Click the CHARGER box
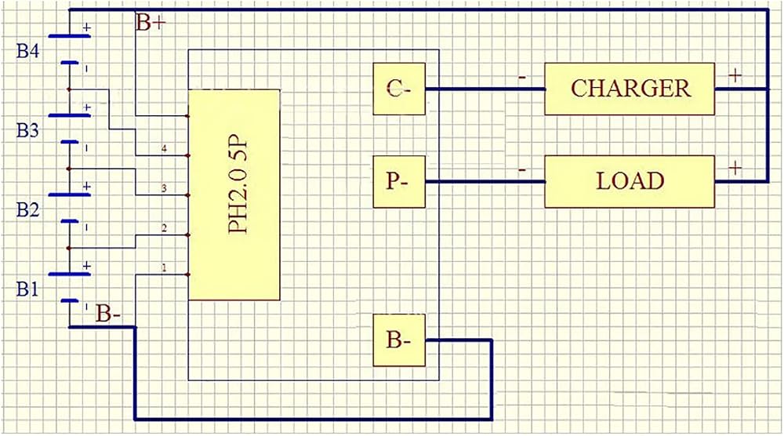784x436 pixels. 630,89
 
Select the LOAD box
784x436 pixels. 630,181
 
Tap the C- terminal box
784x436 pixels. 399,89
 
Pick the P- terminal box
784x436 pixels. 399,181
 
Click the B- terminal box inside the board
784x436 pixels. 399,340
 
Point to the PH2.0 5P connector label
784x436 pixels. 238,186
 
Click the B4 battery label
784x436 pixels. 27,51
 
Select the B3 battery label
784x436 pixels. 27,130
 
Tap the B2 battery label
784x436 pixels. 27,210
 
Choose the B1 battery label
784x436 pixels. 27,289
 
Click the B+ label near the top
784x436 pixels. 151,23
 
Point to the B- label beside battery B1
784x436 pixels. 108,314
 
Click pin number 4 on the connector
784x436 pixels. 164,148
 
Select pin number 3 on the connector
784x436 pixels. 164,188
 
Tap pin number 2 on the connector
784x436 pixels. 164,228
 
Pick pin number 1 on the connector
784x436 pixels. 164,268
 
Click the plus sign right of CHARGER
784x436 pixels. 735,76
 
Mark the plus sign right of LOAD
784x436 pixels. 735,169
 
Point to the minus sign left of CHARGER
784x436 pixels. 522,78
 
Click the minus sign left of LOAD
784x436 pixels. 522,170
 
